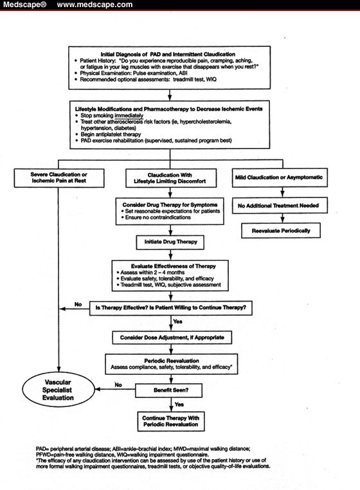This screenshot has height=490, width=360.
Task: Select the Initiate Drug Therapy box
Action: [170, 242]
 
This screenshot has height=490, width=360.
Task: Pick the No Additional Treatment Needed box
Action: [279, 205]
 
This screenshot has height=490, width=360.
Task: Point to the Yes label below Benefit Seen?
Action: [178, 404]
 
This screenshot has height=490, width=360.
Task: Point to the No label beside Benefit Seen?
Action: [118, 384]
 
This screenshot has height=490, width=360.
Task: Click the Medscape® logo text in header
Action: [24, 5]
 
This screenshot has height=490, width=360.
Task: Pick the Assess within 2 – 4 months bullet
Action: [154, 271]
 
